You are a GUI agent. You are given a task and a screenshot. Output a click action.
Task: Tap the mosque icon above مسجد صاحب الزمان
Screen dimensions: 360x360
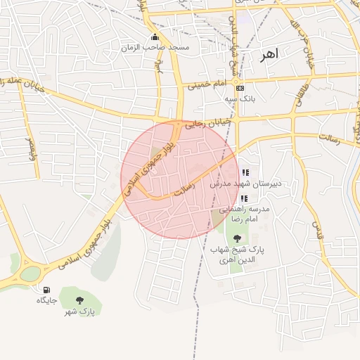point(155,37)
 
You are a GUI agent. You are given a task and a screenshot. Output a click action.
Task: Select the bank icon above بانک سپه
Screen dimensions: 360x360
point(240,89)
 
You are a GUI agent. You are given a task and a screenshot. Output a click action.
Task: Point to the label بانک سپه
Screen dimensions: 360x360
point(240,99)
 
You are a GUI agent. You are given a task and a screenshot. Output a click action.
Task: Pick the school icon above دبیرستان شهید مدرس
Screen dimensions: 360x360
point(245,173)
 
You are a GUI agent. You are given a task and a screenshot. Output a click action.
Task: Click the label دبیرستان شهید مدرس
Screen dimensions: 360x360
point(245,184)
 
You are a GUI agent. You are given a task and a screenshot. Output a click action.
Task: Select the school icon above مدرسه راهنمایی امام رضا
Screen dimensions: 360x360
point(244,199)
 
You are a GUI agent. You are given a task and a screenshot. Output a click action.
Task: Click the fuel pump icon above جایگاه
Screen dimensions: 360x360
point(46,290)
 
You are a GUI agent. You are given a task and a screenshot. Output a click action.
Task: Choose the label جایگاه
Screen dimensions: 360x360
point(46,300)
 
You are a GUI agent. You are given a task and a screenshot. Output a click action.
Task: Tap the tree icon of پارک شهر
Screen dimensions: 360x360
point(79,301)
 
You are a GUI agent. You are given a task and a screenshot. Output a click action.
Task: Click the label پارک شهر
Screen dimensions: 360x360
point(79,311)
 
